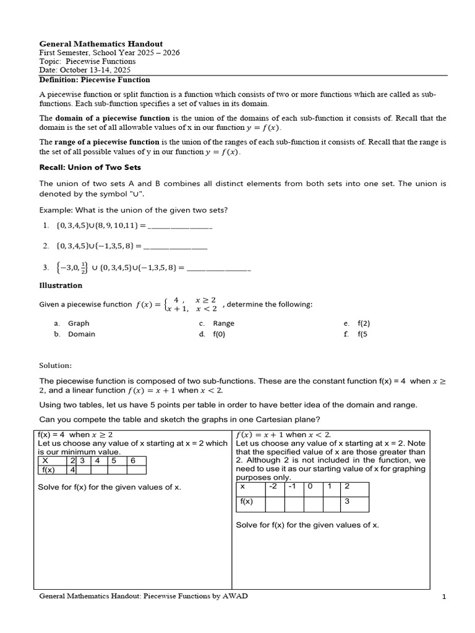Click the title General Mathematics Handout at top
[101, 44]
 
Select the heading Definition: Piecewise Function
[95, 80]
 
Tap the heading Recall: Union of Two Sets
[90, 167]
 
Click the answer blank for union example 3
[218, 268]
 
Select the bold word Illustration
[61, 286]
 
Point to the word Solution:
[56, 365]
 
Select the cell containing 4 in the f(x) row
[72, 470]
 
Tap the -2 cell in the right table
[274, 486]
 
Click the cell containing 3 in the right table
[355, 501]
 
